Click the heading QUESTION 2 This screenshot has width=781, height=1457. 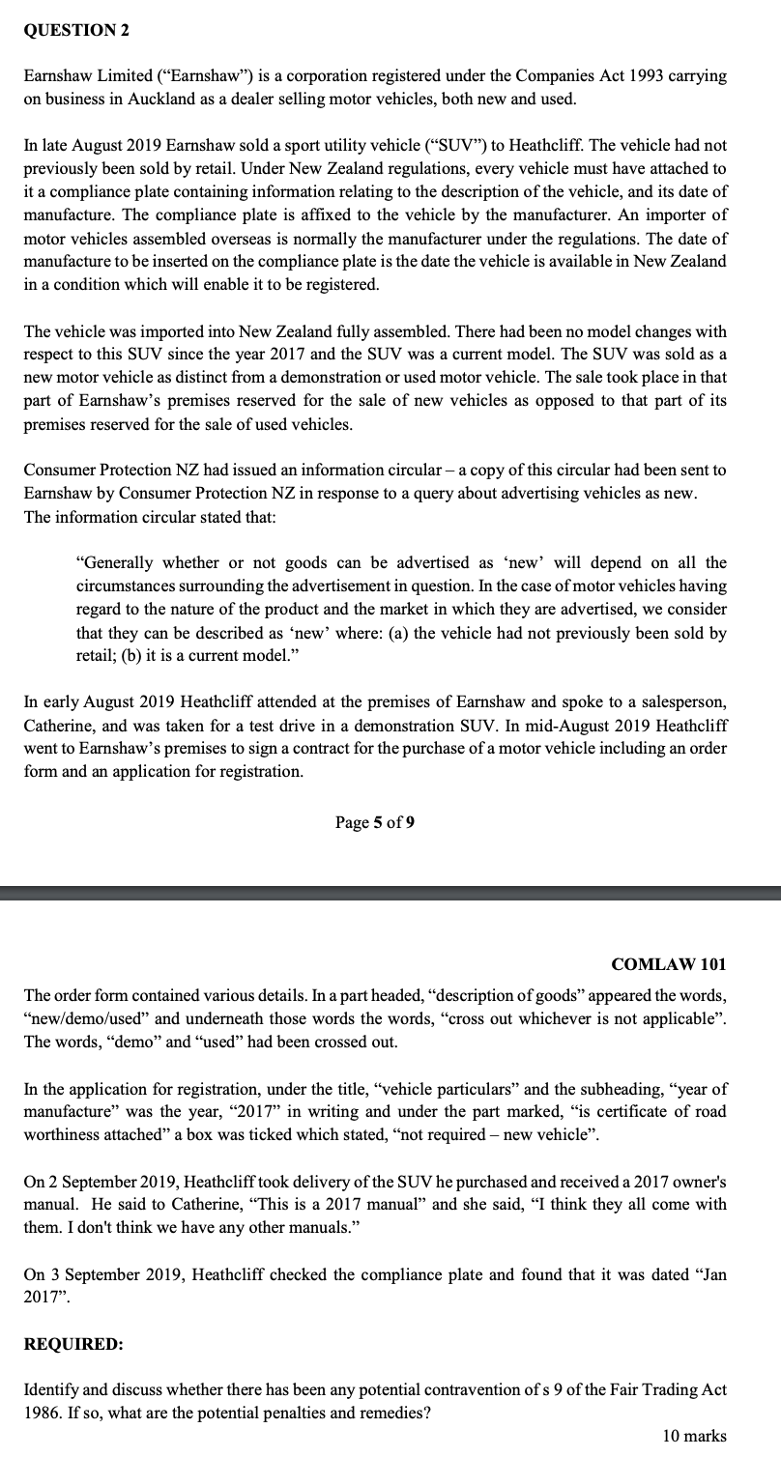tap(76, 30)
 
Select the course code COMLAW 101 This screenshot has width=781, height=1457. tap(669, 936)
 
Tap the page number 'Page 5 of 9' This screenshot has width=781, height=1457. tap(376, 822)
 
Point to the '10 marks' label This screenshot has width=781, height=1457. tap(693, 1436)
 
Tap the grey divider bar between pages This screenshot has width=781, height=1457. tap(390, 893)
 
